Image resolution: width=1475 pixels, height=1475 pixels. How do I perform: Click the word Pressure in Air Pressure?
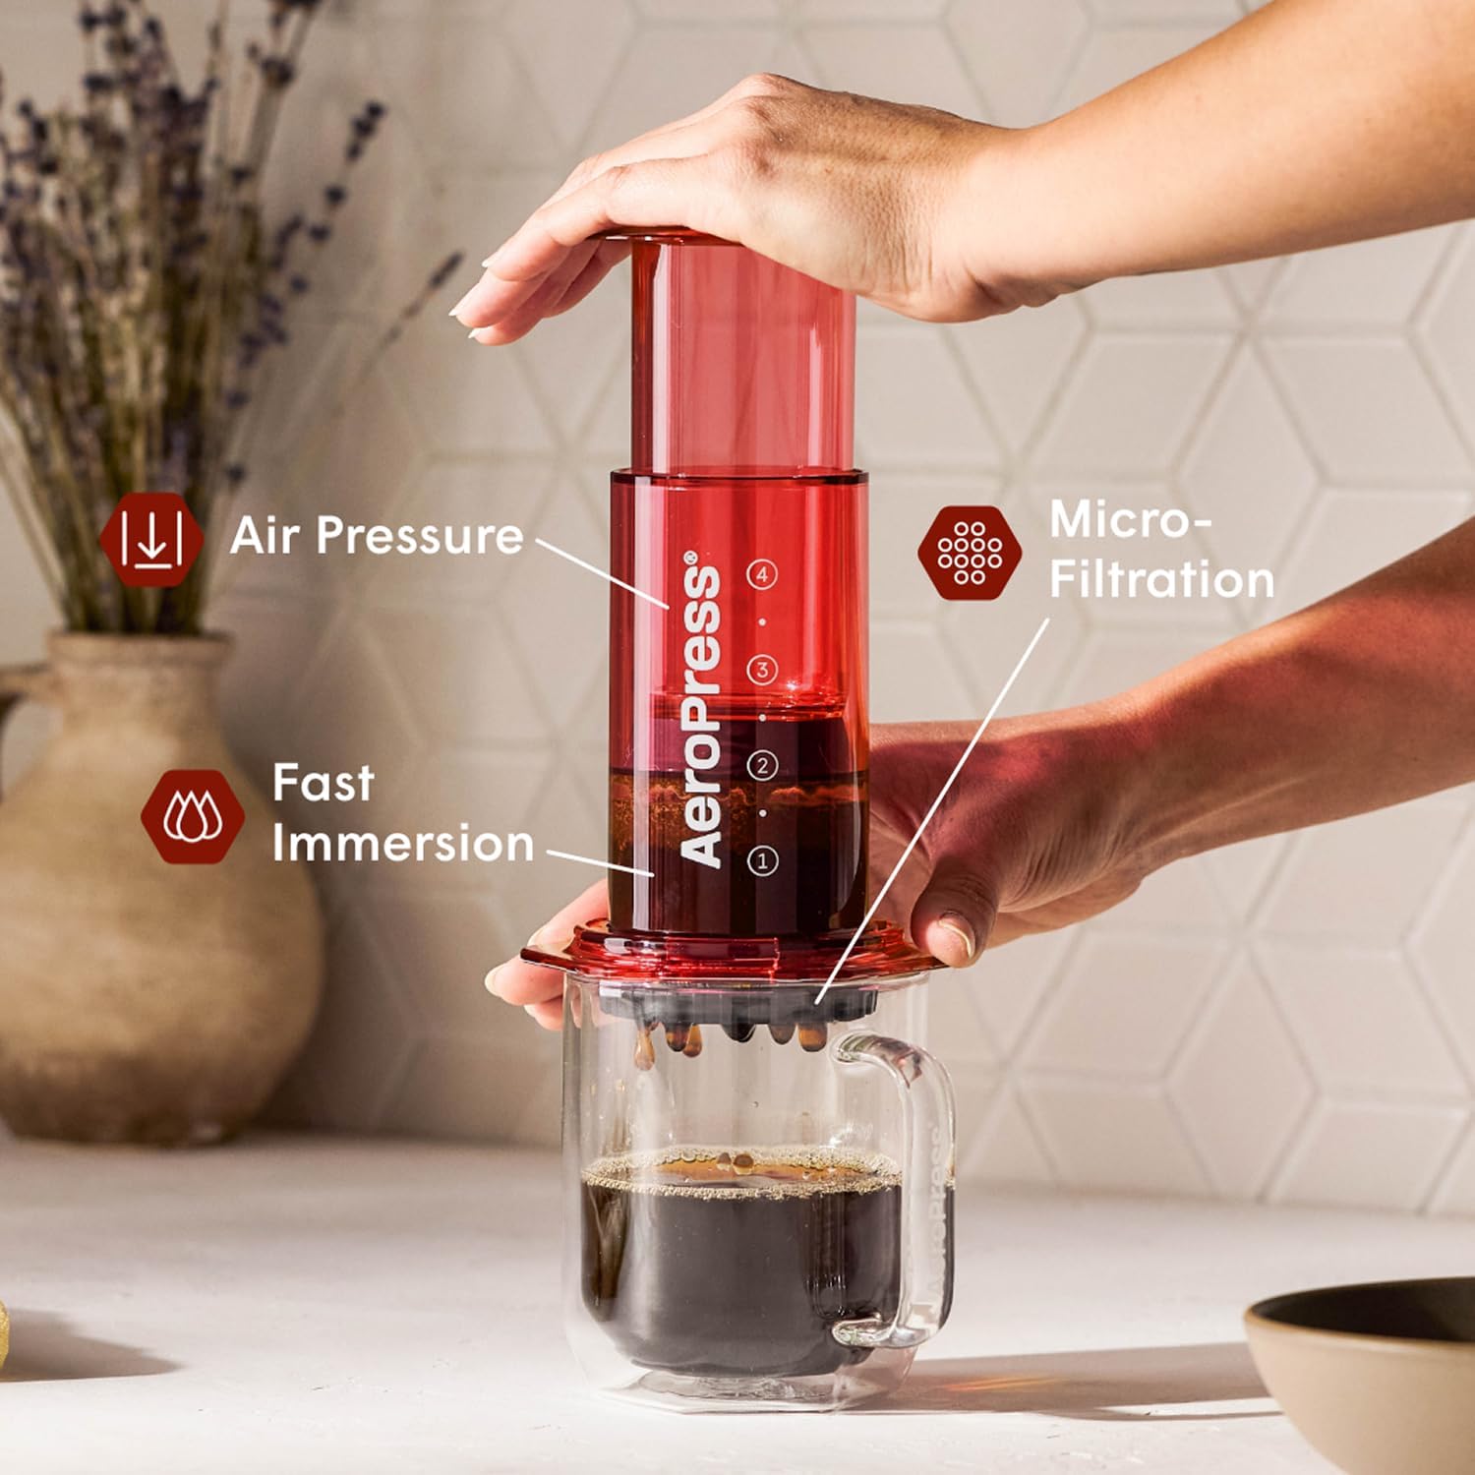(x=419, y=537)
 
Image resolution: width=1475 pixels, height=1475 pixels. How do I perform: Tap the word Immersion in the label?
(x=402, y=844)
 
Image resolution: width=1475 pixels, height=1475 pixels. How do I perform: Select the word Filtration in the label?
(x=1161, y=579)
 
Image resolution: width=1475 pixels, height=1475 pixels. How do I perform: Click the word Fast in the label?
(x=323, y=784)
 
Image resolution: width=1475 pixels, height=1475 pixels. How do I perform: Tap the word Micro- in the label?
(x=1130, y=520)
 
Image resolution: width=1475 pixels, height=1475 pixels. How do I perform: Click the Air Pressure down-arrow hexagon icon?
(x=151, y=538)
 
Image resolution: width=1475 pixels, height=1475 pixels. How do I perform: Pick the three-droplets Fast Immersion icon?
(x=193, y=816)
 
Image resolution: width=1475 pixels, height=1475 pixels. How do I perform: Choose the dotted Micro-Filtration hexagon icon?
(x=969, y=553)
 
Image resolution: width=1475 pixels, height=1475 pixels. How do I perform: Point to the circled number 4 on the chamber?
(x=762, y=574)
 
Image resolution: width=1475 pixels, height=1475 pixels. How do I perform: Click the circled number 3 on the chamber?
(x=762, y=671)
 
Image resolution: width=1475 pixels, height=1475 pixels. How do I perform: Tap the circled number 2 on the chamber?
(x=762, y=765)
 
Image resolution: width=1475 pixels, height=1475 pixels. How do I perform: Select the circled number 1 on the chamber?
(x=761, y=860)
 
